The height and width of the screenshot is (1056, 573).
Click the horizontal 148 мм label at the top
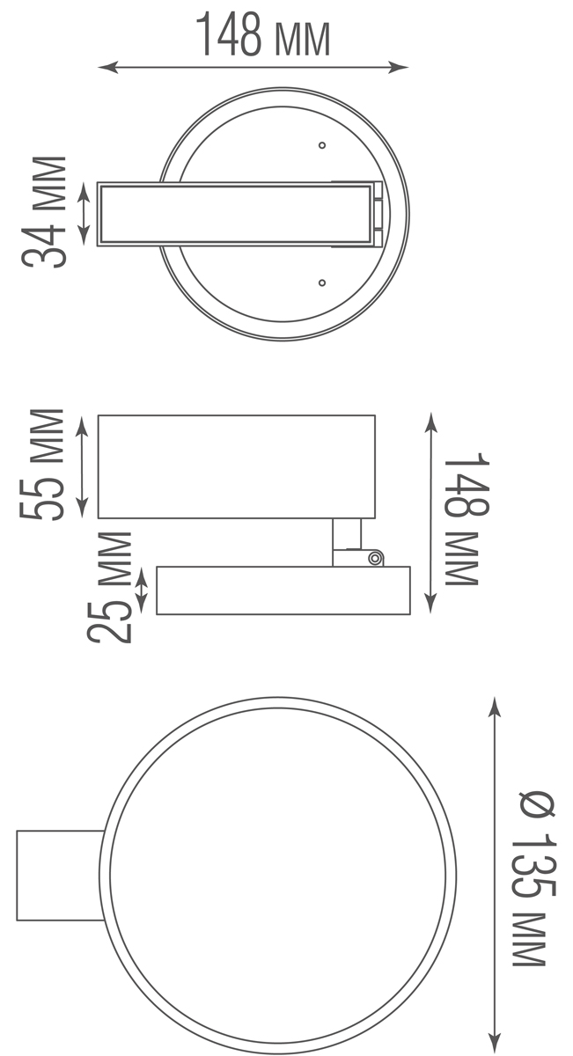point(261,35)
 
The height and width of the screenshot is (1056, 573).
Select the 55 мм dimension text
point(44,465)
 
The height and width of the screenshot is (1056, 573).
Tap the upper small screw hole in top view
point(322,144)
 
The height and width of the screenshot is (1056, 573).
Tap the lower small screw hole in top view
point(322,282)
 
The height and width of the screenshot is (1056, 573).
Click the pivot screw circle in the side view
point(375,557)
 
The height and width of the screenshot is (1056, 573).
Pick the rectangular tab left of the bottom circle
point(60,875)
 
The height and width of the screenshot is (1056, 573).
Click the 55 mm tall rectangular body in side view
point(236,466)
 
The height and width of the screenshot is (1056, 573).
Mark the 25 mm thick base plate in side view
point(283,590)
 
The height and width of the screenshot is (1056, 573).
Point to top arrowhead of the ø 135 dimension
point(495,705)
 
